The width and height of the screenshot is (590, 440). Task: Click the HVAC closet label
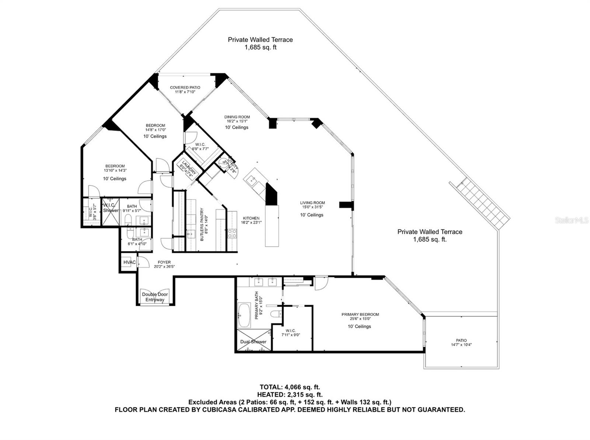129,262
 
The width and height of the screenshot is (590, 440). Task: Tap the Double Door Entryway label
155,297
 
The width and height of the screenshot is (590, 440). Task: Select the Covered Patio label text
185,90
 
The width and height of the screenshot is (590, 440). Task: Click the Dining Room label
237,119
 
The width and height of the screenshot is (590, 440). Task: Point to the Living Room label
312,205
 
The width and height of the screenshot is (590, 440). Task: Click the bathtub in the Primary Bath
244,315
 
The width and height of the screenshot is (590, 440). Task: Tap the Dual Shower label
253,342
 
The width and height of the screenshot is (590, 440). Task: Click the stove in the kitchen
232,233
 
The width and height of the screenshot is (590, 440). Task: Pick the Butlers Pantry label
204,225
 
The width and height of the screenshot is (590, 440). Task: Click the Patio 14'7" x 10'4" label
461,343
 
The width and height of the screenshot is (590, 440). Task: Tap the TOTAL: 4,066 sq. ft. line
290,387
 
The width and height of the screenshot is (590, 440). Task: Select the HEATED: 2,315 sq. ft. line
290,395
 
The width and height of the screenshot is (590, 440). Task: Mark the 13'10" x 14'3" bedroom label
115,168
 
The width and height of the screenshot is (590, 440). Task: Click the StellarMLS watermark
571,221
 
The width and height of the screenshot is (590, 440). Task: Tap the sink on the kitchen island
253,180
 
